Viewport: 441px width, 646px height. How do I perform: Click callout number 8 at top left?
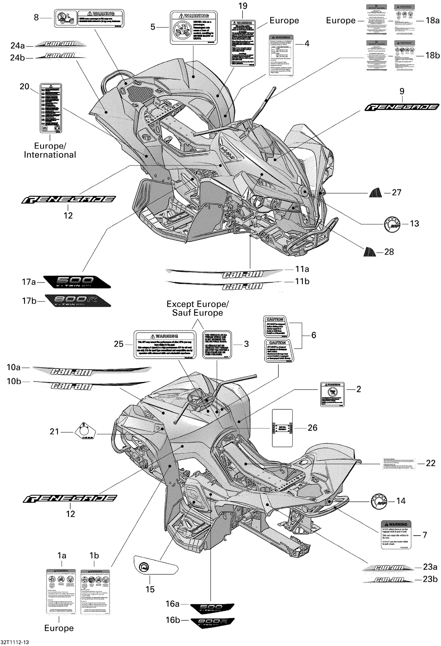(x=36, y=18)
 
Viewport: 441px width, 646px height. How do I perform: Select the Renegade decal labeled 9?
(x=402, y=107)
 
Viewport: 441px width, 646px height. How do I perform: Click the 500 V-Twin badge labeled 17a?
(x=77, y=282)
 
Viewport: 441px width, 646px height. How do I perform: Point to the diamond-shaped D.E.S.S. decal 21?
(x=84, y=431)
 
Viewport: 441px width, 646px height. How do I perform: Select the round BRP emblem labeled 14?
(x=379, y=501)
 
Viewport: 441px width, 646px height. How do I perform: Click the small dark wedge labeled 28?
(x=370, y=252)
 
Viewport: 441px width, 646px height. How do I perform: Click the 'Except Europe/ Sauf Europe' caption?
(x=197, y=308)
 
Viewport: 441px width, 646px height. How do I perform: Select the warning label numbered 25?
(x=165, y=344)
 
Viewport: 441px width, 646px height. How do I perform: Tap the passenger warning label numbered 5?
(x=194, y=28)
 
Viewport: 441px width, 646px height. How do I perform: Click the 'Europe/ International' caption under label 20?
(x=50, y=150)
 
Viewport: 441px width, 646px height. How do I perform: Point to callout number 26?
(x=312, y=428)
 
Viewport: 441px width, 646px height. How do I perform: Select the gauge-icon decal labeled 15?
(x=156, y=565)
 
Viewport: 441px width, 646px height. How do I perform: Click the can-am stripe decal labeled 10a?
(x=91, y=371)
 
